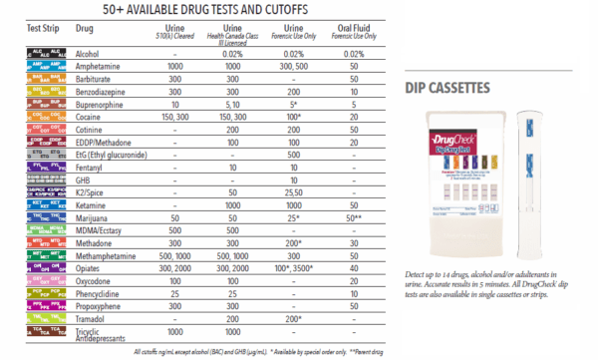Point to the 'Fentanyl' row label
tap(93, 169)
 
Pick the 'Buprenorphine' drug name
tap(103, 103)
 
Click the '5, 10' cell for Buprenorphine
tap(230, 103)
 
